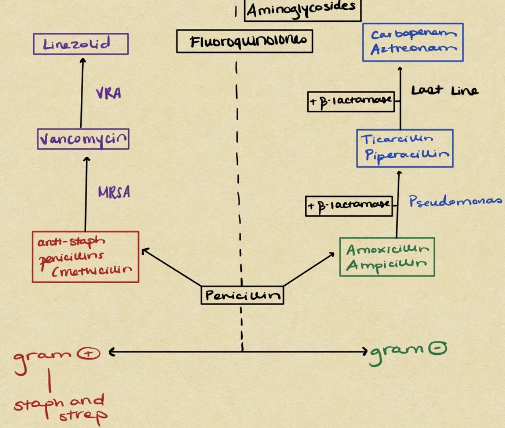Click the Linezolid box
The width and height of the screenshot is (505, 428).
(x=81, y=44)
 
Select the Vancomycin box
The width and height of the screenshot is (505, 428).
(x=83, y=139)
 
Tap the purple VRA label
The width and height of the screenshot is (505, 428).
(x=109, y=94)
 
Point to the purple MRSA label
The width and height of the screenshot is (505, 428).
(x=114, y=192)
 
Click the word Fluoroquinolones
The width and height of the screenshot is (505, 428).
(x=244, y=41)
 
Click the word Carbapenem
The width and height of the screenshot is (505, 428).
(x=413, y=34)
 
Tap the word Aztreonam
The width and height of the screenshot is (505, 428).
(x=413, y=49)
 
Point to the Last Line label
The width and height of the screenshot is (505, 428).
(x=444, y=90)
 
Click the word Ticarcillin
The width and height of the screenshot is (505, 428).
(x=397, y=140)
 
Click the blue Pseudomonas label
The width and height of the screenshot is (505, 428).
(x=455, y=201)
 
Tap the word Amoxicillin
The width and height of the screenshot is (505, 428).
(x=387, y=249)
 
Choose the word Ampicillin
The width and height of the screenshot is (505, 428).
(x=386, y=265)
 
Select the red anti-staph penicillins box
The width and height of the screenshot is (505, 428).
(x=85, y=257)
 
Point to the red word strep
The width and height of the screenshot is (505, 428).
(x=83, y=415)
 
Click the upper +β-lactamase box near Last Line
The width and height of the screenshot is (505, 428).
(x=351, y=101)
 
